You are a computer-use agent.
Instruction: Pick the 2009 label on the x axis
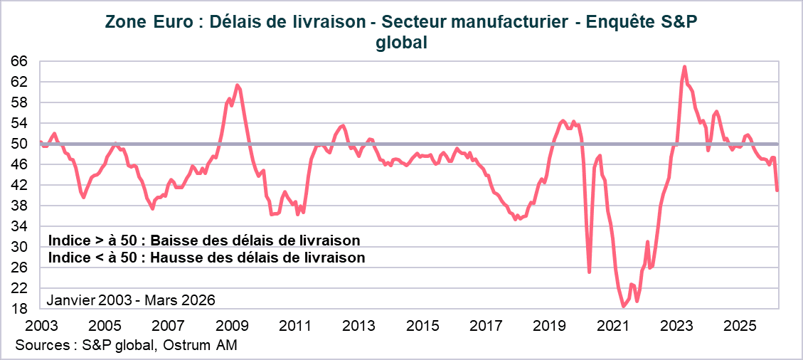(231, 326)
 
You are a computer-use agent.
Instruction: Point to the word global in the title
(401, 43)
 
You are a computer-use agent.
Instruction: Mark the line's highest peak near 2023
(684, 67)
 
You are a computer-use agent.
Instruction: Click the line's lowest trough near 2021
(624, 307)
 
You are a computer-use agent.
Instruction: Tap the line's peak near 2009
(238, 86)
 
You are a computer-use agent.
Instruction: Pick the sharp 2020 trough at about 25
(590, 272)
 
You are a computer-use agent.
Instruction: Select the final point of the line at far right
(777, 190)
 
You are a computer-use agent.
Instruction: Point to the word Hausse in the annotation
(193, 258)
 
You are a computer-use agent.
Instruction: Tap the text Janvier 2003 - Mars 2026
(130, 300)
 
